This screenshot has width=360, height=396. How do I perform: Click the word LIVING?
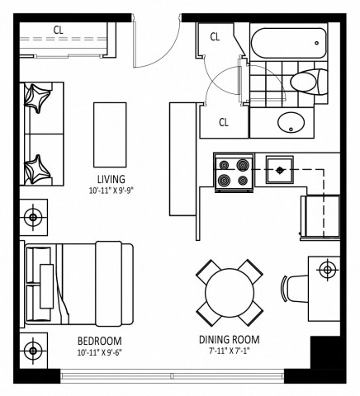coord(110,179)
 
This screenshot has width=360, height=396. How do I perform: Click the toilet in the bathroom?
coord(310,82)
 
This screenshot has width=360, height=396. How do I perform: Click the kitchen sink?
coord(281,170)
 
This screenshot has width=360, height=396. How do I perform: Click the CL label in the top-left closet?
coord(59,31)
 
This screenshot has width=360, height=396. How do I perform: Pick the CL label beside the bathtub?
coord(215,36)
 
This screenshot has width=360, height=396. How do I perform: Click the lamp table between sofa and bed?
coord(33,218)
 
